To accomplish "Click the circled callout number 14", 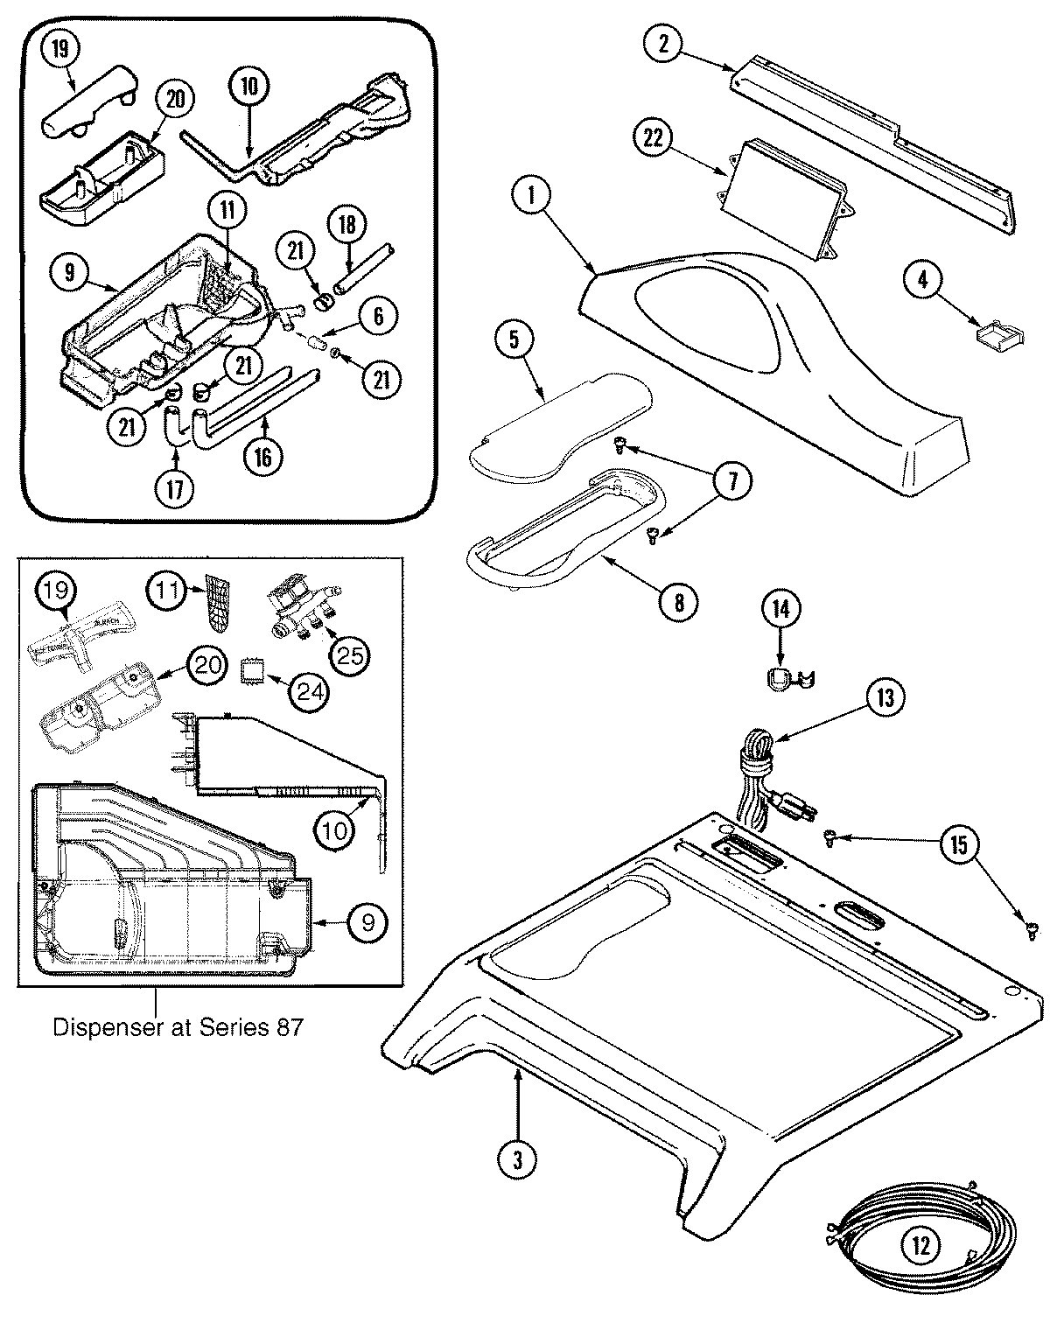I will (780, 610).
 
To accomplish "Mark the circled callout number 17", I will (175, 489).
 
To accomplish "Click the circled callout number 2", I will (663, 43).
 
